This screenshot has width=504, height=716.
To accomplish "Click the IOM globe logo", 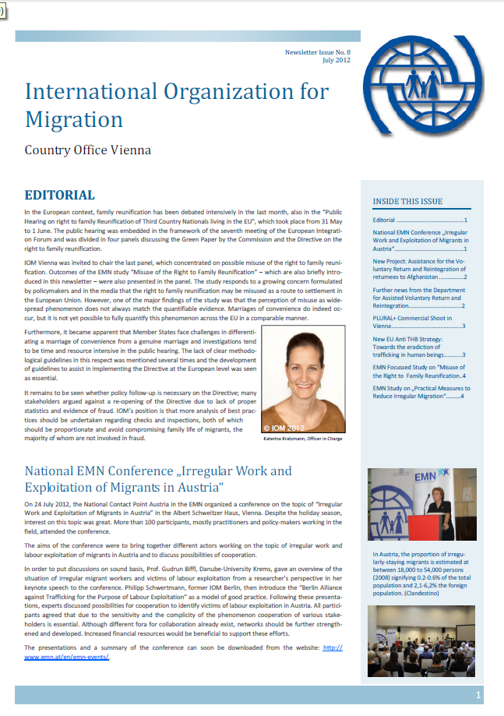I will (x=428, y=84).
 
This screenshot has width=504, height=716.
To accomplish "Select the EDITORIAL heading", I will (x=60, y=195).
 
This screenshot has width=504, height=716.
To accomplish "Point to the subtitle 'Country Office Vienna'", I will (x=88, y=150).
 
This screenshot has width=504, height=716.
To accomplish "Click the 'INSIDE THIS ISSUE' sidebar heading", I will (x=407, y=201).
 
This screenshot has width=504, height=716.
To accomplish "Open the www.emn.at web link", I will (x=66, y=657).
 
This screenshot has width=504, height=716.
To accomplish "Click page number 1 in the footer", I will (x=478, y=695).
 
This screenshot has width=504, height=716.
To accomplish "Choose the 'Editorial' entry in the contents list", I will (x=419, y=220).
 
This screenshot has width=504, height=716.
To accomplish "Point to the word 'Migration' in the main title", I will (x=74, y=119).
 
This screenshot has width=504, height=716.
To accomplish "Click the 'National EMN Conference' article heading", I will (x=158, y=479).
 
